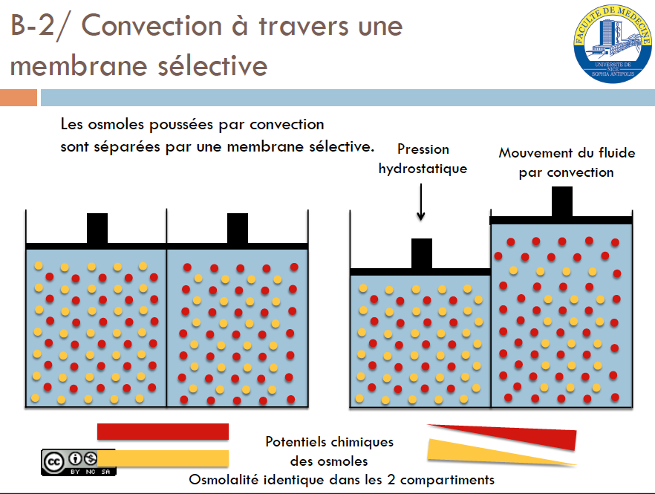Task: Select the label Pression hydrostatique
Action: click(423, 159)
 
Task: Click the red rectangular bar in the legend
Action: click(163, 432)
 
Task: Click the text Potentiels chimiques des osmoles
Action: click(329, 451)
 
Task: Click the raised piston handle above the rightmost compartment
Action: click(562, 201)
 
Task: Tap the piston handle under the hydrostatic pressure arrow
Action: click(421, 253)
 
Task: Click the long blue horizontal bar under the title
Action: click(347, 98)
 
